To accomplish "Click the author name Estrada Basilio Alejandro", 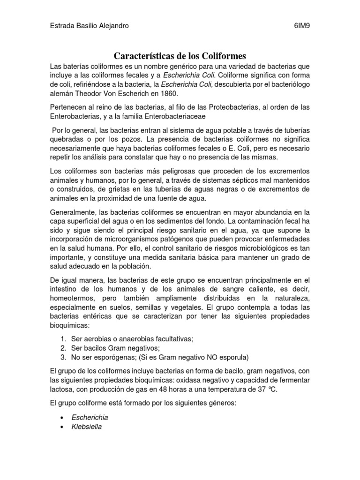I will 90,26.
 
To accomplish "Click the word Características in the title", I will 146,56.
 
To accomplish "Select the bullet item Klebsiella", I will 87,427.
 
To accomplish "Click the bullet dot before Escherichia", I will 62,418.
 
